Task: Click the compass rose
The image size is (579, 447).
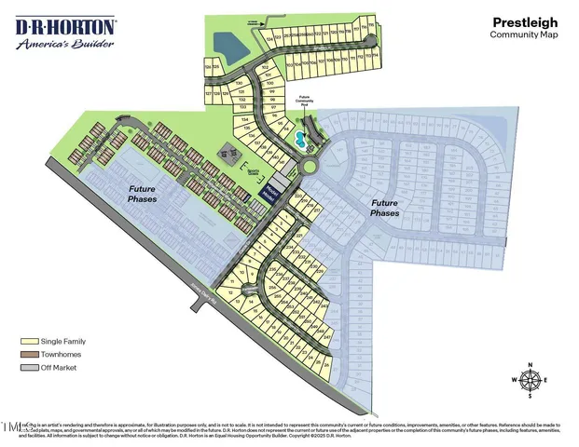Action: click(x=530, y=380)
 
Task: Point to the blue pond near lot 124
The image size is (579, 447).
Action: click(x=226, y=42)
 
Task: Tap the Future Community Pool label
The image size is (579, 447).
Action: click(x=303, y=101)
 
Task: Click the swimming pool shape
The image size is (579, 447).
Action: click(x=297, y=139)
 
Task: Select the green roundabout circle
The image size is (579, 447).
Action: click(x=308, y=167)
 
